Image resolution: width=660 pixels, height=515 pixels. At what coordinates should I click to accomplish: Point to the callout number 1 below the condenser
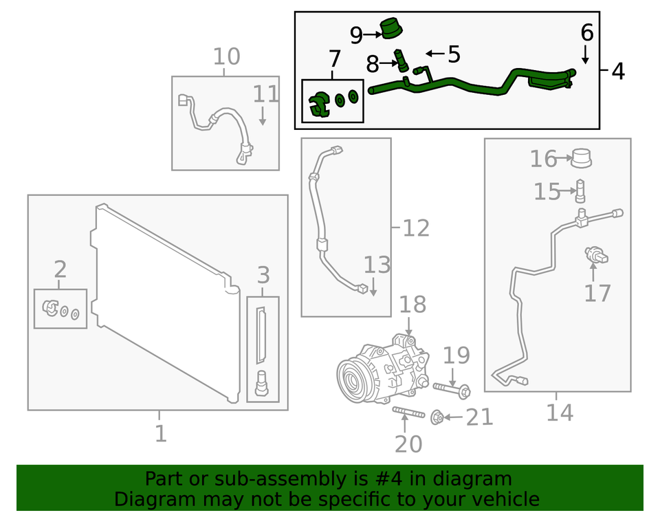[159, 434]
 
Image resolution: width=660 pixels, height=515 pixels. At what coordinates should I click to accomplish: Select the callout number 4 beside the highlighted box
[617, 71]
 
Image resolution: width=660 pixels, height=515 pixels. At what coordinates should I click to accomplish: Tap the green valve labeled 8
[399, 60]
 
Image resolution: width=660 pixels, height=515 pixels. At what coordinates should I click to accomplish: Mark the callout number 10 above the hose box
[226, 56]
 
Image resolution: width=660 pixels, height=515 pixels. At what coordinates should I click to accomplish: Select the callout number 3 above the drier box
[263, 276]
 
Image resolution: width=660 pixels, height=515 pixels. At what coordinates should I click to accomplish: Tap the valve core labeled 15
[581, 190]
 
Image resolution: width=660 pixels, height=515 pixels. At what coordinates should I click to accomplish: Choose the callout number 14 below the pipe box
[559, 413]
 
